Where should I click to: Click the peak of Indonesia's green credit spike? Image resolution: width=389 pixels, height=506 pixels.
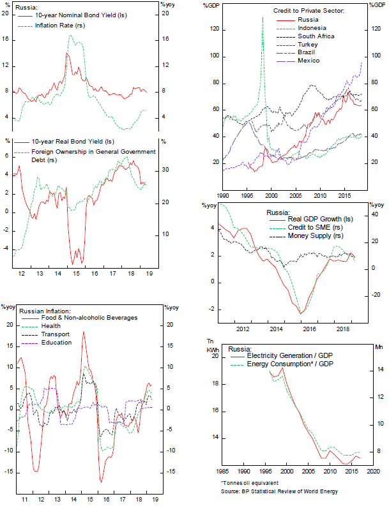point(263,18)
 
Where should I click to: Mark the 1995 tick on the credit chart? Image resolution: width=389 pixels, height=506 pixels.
point(247,194)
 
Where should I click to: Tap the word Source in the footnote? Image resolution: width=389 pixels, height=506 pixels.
point(231,491)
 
